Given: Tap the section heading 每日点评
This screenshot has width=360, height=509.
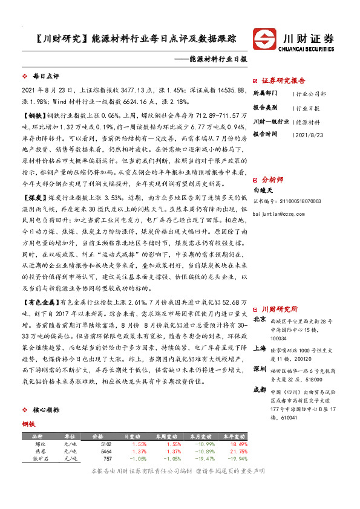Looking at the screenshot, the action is click(x=45, y=77).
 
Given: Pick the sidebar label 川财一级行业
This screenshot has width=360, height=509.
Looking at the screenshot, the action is click(x=271, y=120).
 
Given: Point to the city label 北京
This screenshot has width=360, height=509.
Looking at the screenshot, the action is click(x=259, y=319).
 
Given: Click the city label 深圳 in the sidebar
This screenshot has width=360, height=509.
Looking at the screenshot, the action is click(x=259, y=368).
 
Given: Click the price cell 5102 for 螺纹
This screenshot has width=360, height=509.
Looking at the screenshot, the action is click(x=105, y=444).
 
